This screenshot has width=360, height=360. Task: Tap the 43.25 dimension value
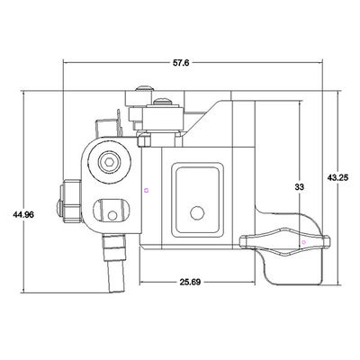pyautogui.click(x=338, y=178)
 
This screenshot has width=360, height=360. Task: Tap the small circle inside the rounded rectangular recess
pyautogui.click(x=197, y=213)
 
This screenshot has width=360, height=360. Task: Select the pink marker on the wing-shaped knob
pyautogui.click(x=303, y=242)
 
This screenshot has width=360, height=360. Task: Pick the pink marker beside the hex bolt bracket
pyautogui.click(x=145, y=189)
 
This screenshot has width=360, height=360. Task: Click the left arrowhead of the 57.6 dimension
pyautogui.click(x=66, y=62)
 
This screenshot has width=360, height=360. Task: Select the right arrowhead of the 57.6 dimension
pyautogui.click(x=325, y=62)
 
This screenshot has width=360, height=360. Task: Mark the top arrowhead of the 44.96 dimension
pyautogui.click(x=30, y=91)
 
